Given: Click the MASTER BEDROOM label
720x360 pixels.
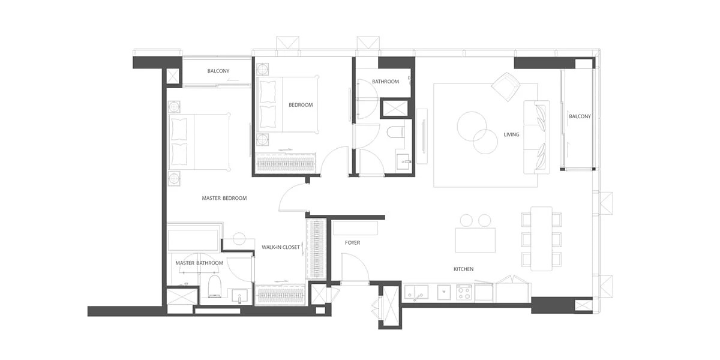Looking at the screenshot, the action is tap(224, 199).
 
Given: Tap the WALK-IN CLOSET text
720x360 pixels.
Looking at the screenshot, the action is tap(281, 247).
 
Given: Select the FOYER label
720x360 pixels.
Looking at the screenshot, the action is tap(352, 242).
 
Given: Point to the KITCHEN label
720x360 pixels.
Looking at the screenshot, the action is tap(463, 269).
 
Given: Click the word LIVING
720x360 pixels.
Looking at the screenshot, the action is tap(511, 134).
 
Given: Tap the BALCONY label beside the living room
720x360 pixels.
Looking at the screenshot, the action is tap(580, 116).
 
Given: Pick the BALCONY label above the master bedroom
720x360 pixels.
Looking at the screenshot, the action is tap(218, 71).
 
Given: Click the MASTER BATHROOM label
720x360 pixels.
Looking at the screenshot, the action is tap(199, 263).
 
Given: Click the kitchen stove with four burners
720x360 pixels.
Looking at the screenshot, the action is tap(463, 292).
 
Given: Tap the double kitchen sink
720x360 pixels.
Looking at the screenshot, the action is tap(416, 292).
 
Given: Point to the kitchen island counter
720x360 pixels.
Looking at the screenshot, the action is tap(475, 240).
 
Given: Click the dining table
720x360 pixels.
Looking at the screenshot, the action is tap(541, 239).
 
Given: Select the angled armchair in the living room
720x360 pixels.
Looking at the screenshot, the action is tap(506, 87).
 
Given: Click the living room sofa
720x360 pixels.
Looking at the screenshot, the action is tap(536, 137).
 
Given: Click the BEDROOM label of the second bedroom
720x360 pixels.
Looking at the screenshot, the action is tap(301, 105).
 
